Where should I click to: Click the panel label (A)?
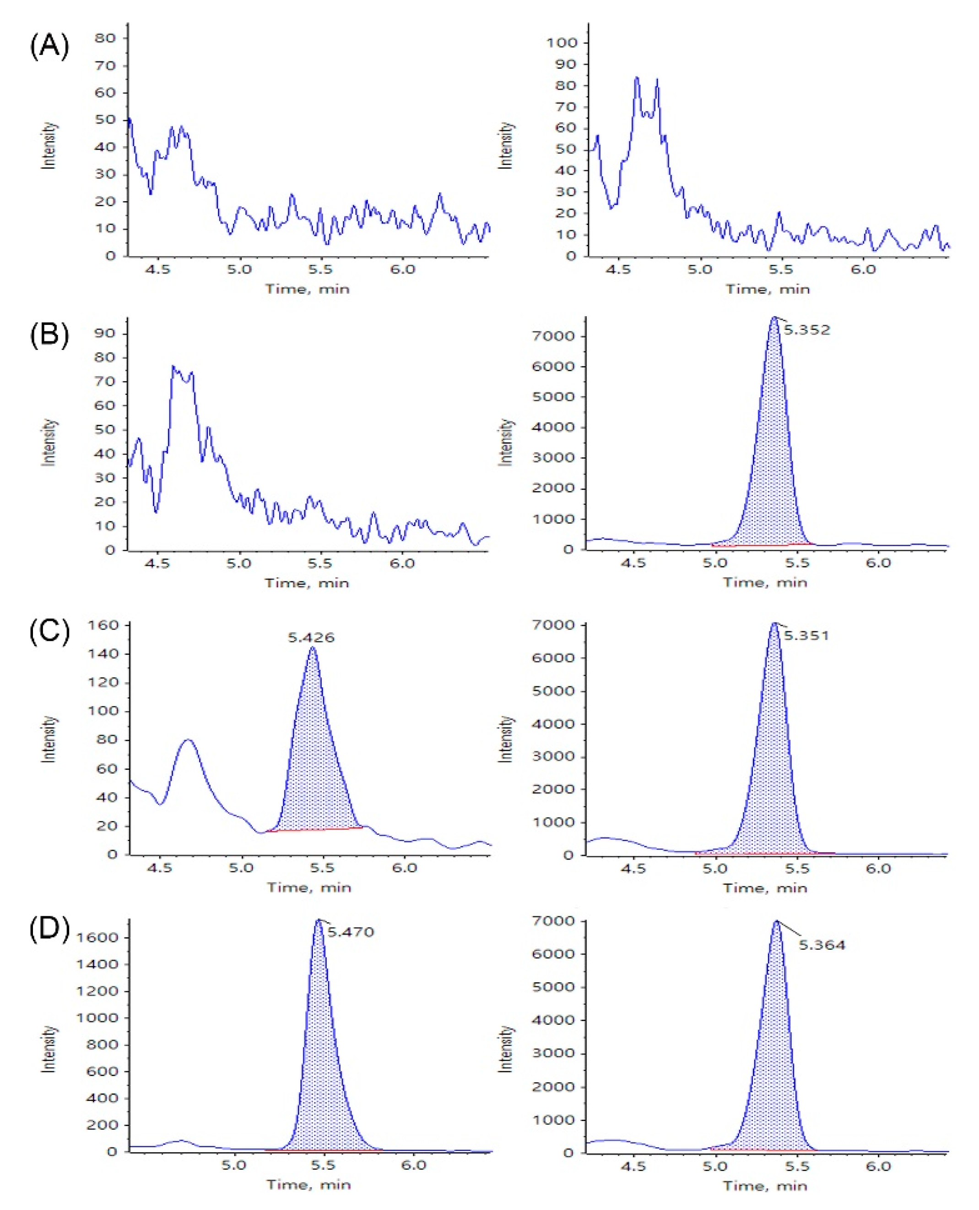point(49,47)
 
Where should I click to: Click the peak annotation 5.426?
point(311,638)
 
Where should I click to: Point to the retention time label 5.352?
point(806,330)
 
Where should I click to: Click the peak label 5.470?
point(350,932)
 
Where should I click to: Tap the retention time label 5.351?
point(806,636)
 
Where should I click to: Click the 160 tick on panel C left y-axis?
point(103,625)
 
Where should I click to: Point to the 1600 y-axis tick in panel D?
point(97,937)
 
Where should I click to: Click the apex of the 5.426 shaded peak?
point(313,648)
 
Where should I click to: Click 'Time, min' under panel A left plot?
point(308,289)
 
